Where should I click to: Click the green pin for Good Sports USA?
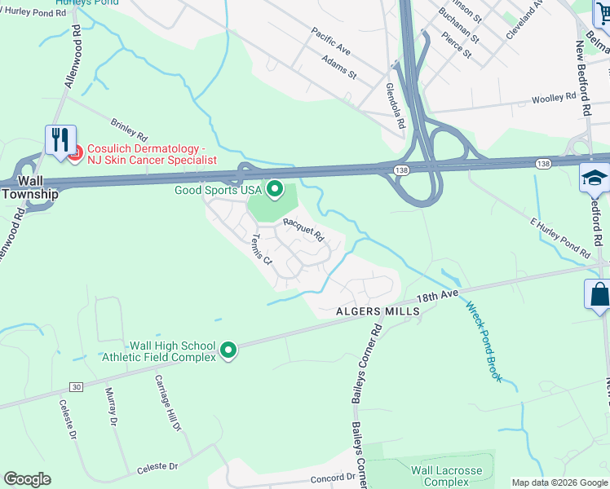click(x=275, y=191)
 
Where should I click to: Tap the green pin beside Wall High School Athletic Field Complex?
click(x=228, y=350)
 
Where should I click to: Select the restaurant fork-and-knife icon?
click(x=60, y=140)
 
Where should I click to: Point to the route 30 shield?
click(x=76, y=386)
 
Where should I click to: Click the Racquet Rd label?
click(x=303, y=231)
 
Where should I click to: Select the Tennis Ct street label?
click(x=261, y=250)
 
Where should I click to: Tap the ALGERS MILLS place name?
click(x=378, y=311)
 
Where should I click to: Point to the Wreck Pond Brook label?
click(x=483, y=341)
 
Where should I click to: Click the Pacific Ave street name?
click(x=330, y=41)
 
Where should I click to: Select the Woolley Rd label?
click(x=554, y=98)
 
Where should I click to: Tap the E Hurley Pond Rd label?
click(x=559, y=238)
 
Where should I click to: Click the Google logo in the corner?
click(x=27, y=479)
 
